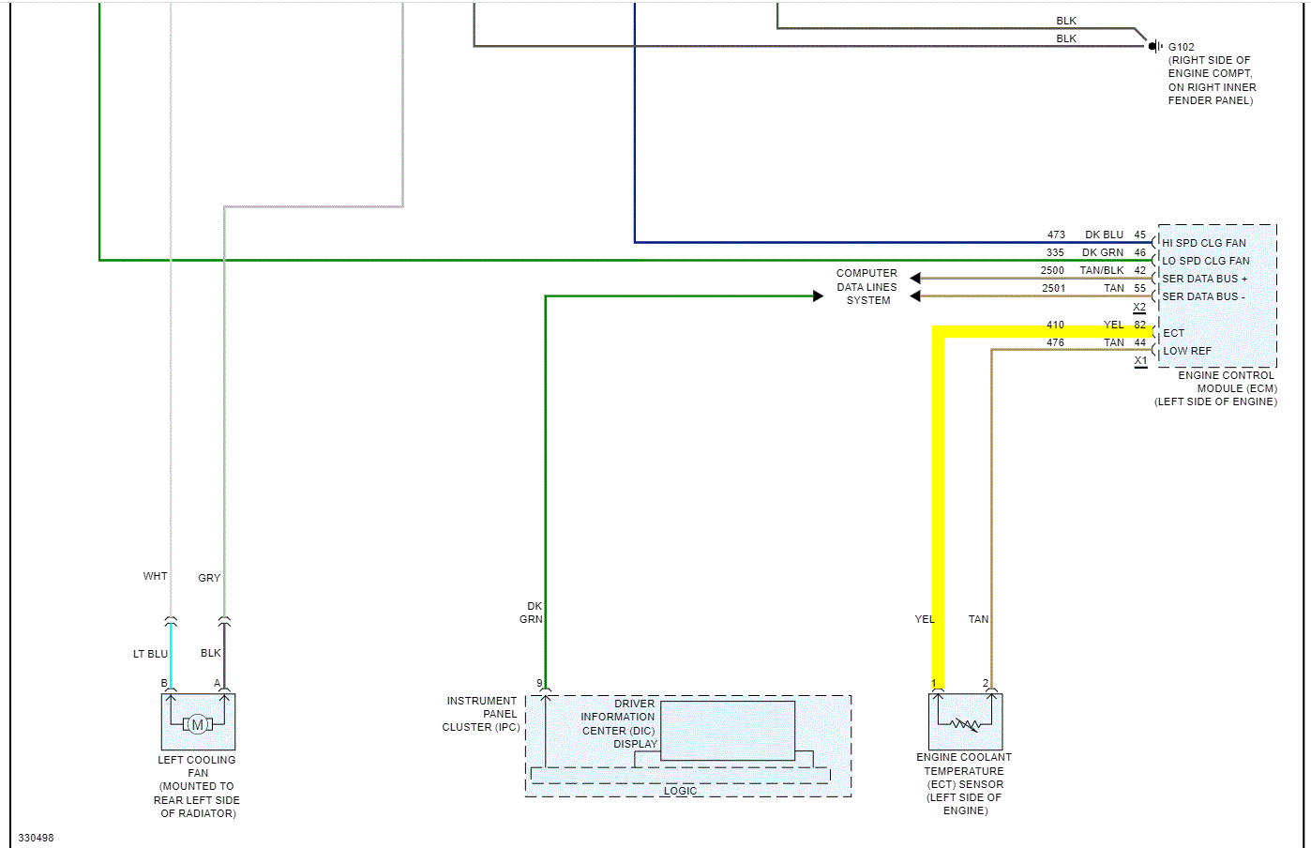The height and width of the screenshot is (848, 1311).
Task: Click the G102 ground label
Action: [1181, 47]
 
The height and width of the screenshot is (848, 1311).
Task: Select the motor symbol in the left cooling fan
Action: [197, 724]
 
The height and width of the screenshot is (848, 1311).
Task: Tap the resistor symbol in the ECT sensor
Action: [965, 724]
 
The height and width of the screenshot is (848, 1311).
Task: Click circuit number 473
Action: [1056, 235]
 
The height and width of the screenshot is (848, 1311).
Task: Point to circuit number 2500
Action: [1052, 270]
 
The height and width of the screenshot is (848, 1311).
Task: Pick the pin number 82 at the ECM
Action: [1139, 325]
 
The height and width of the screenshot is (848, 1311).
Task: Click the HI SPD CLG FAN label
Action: [1204, 243]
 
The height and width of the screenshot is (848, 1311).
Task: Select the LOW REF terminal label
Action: [1187, 351]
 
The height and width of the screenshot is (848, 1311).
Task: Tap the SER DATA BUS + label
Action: [1205, 279]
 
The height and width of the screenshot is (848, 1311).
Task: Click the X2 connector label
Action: [1139, 307]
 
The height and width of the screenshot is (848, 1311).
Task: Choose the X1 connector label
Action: [1140, 360]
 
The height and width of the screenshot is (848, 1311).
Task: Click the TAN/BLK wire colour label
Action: [1101, 270]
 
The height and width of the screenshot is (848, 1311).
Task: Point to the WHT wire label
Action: [155, 576]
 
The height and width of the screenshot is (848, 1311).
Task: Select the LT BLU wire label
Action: [150, 654]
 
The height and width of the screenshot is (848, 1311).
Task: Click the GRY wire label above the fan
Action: [209, 578]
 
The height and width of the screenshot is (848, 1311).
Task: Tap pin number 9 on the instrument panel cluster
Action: [539, 684]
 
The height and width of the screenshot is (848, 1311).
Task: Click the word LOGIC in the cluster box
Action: [680, 791]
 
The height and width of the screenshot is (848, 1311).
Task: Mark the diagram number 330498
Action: [37, 838]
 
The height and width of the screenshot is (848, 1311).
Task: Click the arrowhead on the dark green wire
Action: [818, 296]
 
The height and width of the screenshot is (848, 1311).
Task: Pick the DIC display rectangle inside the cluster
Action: [728, 730]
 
